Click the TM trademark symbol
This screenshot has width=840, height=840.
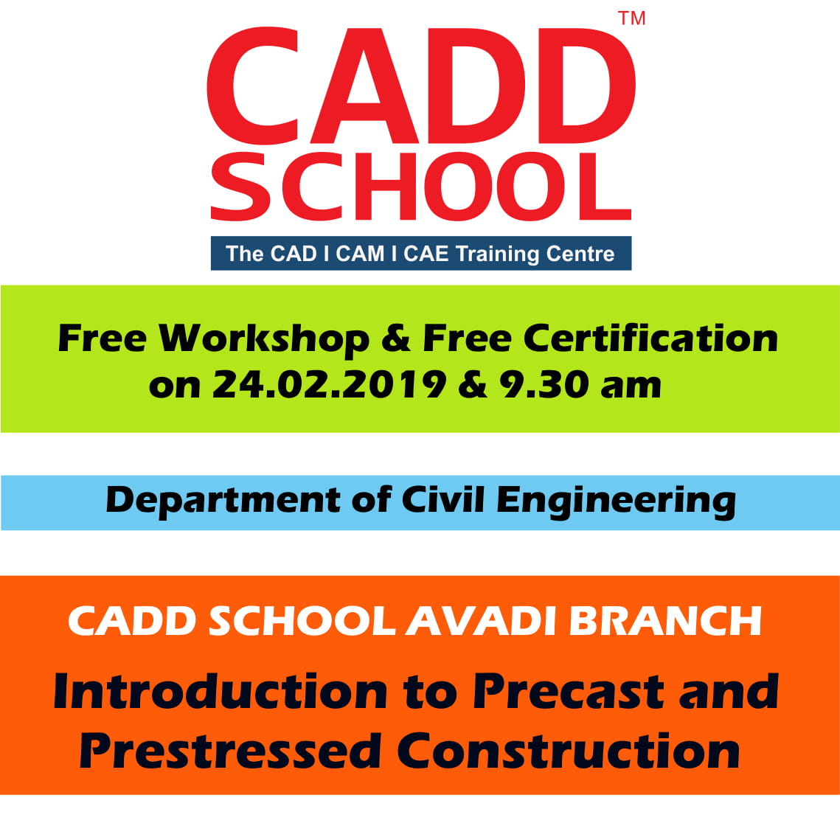click(631, 18)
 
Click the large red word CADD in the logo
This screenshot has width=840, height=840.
click(421, 86)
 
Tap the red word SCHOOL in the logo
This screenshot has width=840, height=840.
click(421, 187)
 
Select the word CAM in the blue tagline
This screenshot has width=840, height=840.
click(359, 254)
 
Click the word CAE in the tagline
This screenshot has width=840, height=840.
click(426, 254)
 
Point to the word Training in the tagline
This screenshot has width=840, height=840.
click(497, 254)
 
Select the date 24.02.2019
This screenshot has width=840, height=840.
click(329, 384)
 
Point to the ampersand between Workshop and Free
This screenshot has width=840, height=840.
click(396, 339)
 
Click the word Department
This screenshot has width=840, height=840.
click(223, 500)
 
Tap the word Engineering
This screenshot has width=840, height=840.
click(616, 501)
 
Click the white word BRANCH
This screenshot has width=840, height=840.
click(665, 622)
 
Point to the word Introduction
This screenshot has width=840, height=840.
click(221, 691)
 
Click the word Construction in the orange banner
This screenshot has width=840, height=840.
click(569, 751)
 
